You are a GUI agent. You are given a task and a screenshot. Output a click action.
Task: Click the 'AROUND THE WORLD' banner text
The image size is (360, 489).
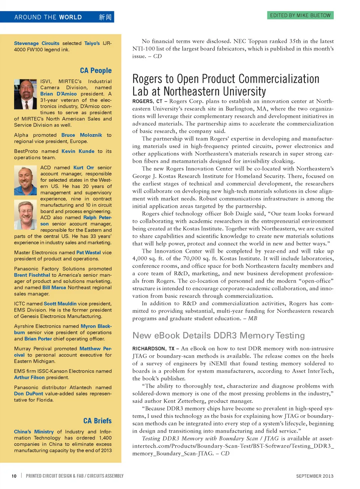(x=48, y=17)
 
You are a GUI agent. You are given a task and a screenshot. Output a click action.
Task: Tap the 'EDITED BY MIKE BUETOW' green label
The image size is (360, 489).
(x=300, y=15)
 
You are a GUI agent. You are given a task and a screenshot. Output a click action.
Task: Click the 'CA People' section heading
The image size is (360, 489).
(x=96, y=70)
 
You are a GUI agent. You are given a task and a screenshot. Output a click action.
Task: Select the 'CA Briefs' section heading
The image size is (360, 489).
(x=97, y=421)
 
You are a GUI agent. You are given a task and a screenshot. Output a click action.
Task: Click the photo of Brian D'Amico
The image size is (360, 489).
(x=25, y=94)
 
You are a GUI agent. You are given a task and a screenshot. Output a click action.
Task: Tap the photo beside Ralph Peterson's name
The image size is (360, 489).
(x=25, y=215)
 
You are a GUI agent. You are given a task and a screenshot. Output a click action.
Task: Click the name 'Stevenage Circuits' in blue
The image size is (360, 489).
(x=37, y=43)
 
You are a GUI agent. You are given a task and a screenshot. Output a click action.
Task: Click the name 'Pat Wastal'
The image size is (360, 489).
(x=88, y=253)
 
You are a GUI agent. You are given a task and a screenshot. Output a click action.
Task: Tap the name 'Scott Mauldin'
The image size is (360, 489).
(x=60, y=304)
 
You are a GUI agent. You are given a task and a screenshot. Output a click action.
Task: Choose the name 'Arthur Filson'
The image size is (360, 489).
(x=29, y=378)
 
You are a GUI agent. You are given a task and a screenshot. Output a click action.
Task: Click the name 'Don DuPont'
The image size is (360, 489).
(x=28, y=394)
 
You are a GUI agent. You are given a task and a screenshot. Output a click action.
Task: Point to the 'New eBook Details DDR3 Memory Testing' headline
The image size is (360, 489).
(x=219, y=335)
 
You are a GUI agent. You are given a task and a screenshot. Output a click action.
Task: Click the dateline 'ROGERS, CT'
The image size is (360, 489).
(x=147, y=102)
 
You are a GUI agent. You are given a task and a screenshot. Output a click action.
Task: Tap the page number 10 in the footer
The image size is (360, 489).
(x=14, y=476)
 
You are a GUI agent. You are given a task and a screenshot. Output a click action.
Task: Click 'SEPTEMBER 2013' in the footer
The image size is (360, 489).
(x=315, y=476)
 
